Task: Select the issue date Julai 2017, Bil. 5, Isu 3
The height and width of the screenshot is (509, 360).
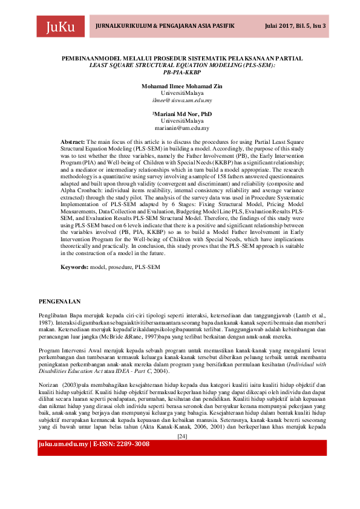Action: [x=296, y=27]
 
